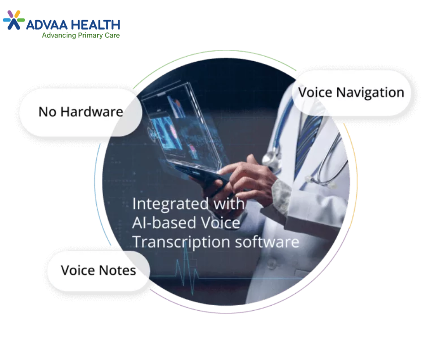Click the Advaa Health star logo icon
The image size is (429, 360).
[14, 20]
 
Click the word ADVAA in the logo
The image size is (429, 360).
[47, 25]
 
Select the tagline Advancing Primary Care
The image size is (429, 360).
[81, 35]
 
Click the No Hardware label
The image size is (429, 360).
[81, 112]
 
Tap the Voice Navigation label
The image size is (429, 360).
[351, 93]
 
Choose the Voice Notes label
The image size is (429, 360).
[99, 270]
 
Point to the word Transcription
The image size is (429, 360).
[181, 243]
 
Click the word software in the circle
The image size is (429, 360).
[267, 242]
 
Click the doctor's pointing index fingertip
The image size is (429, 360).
[220, 171]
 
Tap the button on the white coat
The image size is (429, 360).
[271, 264]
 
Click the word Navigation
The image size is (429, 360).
[370, 93]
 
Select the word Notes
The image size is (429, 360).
[117, 270]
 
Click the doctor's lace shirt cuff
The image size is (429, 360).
[280, 193]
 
